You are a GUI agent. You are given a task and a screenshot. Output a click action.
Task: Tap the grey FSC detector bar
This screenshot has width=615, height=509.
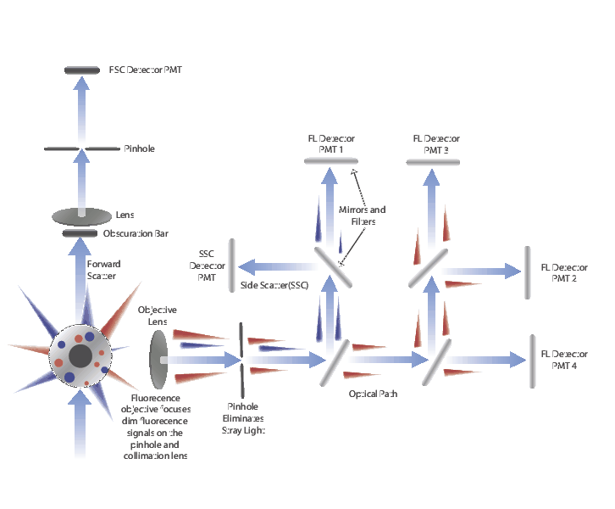[x=82, y=70]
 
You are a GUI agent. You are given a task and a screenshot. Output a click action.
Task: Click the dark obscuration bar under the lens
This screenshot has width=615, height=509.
[x=80, y=233]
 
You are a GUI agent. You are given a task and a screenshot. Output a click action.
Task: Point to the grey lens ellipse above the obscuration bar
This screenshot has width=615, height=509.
[x=81, y=216]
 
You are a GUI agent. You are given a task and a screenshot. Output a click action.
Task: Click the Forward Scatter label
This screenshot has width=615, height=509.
[x=103, y=269]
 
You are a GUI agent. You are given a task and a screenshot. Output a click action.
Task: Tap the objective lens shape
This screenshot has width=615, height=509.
[x=158, y=359]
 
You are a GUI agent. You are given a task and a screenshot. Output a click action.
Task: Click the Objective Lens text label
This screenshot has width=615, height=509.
[x=158, y=316]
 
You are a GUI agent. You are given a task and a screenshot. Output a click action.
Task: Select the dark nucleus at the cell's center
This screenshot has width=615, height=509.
[x=80, y=356]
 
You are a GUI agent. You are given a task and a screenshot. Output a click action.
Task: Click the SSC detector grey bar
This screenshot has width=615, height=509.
[x=231, y=265]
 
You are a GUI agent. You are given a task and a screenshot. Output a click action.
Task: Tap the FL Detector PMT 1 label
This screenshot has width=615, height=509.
[x=331, y=144]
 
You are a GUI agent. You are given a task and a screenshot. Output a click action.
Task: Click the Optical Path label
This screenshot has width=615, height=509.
[x=374, y=394]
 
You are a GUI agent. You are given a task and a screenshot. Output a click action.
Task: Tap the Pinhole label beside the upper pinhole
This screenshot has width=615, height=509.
[x=139, y=148]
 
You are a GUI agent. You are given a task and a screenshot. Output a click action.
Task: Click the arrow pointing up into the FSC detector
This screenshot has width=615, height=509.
[x=81, y=103]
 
